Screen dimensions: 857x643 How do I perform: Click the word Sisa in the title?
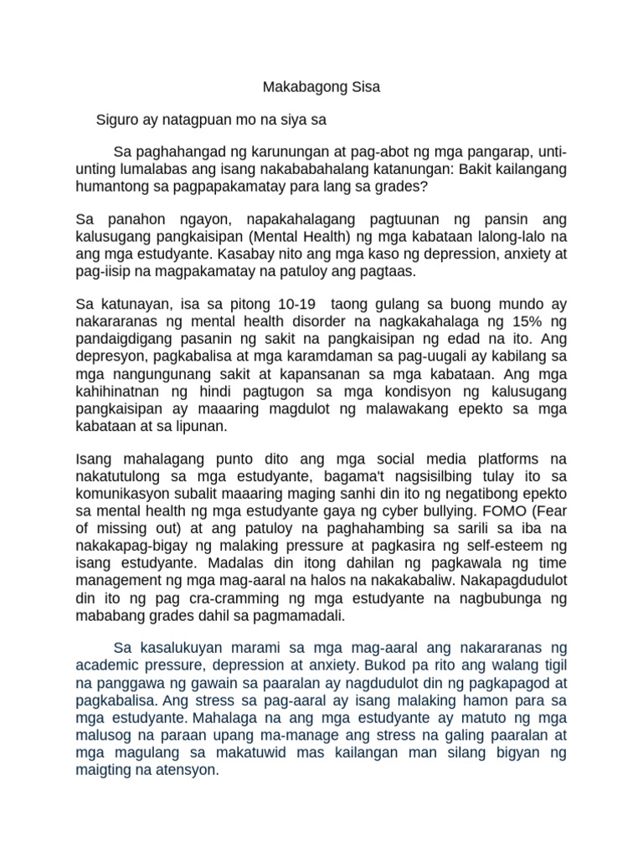[364, 86]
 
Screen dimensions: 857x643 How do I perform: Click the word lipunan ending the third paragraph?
[202, 426]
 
